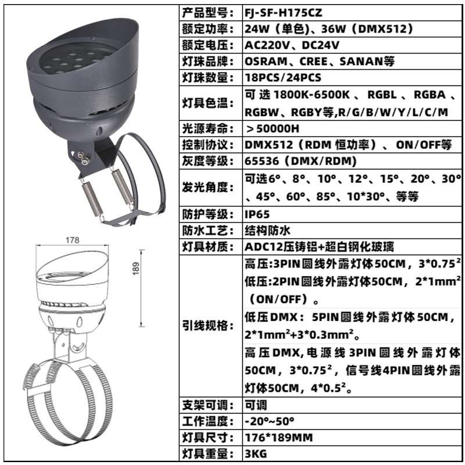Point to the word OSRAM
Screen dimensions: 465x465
click(x=263, y=61)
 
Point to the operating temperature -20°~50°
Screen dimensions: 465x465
click(x=270, y=421)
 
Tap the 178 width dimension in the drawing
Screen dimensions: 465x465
click(x=73, y=240)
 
